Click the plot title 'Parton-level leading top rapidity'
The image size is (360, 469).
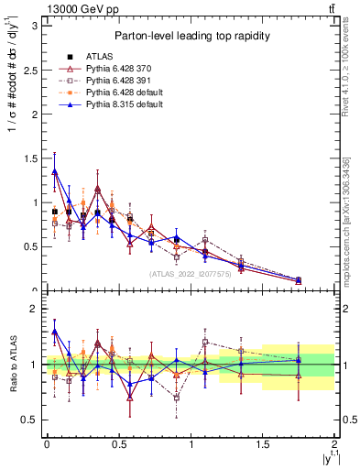tap(190, 36)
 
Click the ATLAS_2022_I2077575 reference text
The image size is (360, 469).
tap(191, 273)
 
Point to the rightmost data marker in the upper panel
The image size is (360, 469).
tap(299, 280)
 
